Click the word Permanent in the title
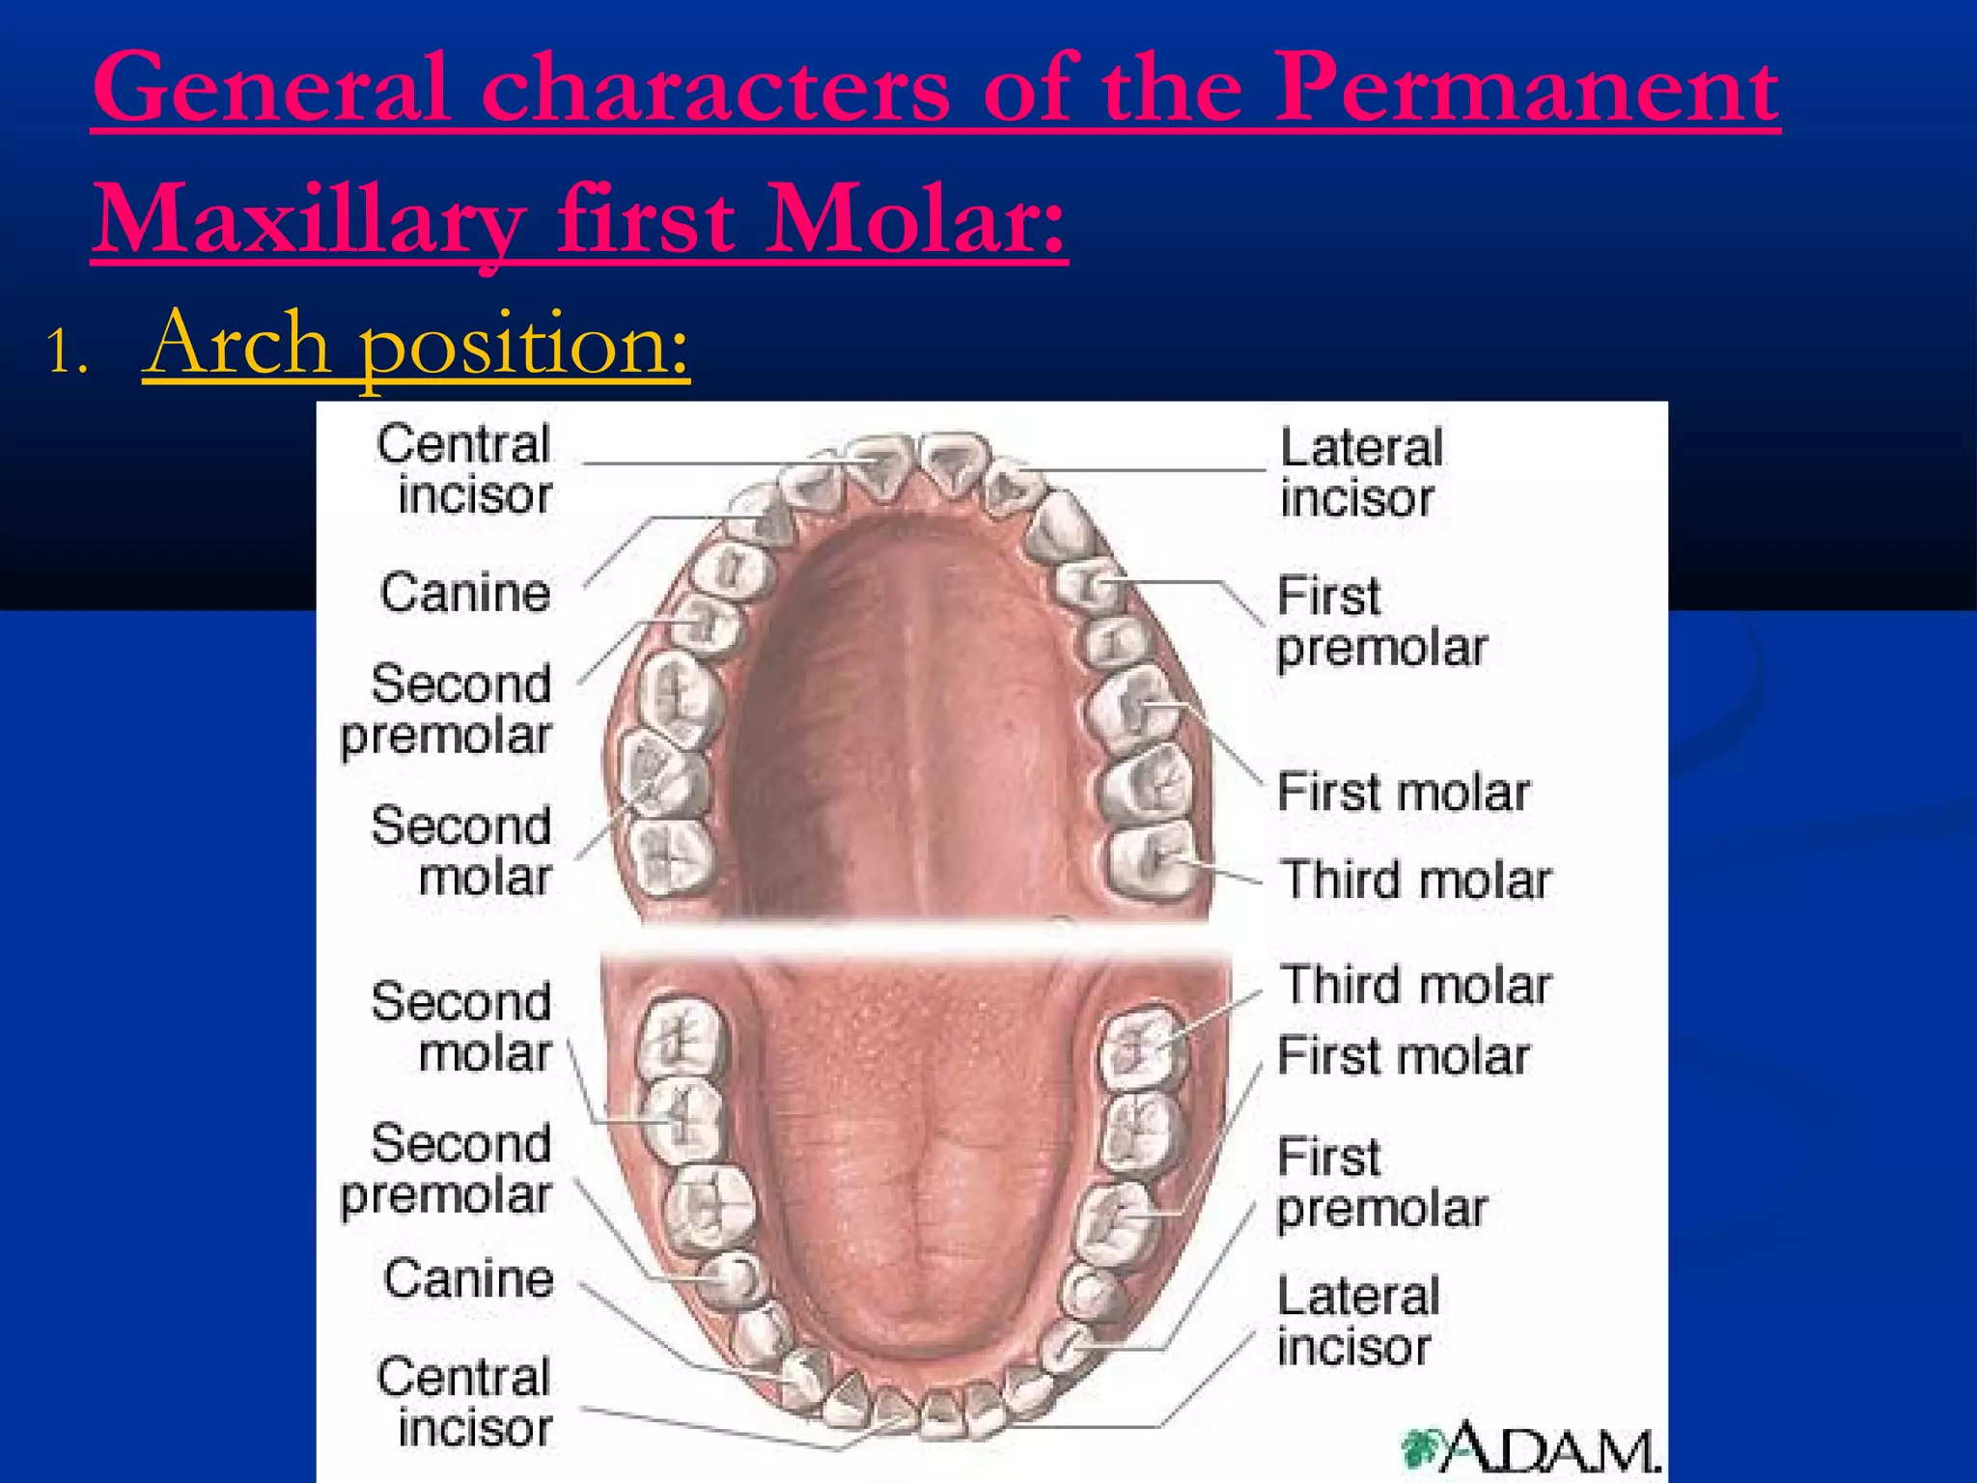click(1527, 89)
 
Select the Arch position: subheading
click(416, 344)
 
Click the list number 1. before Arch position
click(67, 352)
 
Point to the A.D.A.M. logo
click(1530, 1447)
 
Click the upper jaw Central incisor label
click(464, 469)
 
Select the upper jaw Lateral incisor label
click(1360, 473)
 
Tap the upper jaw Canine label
click(465, 592)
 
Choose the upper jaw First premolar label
click(1380, 622)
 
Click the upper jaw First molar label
click(1403, 793)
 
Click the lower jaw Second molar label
click(461, 1026)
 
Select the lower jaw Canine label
click(469, 1278)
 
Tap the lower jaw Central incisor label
click(464, 1402)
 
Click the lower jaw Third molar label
click(1415, 986)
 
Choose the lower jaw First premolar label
click(1380, 1183)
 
